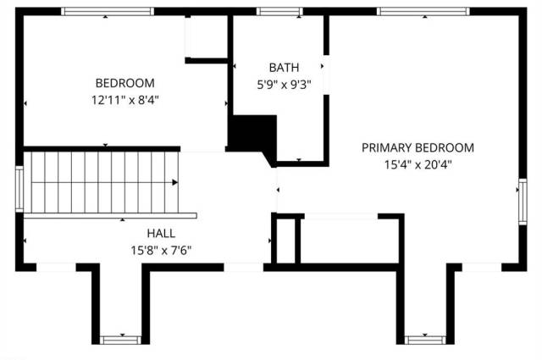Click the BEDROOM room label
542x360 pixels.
[124, 83]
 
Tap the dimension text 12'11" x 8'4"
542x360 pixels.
[124, 100]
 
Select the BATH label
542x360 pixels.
[284, 68]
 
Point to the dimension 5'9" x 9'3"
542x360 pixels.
[284, 85]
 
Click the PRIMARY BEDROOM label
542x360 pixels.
[418, 147]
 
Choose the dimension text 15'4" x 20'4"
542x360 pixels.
[418, 164]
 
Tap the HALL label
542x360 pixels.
[161, 233]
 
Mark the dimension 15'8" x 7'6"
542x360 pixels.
[161, 250]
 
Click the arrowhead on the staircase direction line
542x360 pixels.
[175, 182]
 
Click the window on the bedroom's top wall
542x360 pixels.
[108, 11]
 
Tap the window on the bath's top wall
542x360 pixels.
[279, 11]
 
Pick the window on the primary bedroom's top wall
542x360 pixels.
[423, 11]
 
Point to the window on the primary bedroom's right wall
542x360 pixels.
[523, 202]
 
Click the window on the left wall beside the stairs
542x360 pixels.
[19, 189]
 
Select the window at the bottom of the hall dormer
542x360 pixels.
[120, 340]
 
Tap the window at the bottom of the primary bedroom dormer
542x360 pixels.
[425, 340]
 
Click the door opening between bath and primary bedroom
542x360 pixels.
[326, 75]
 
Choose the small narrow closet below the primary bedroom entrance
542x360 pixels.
[286, 241]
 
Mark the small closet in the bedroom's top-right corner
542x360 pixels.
[207, 36]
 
